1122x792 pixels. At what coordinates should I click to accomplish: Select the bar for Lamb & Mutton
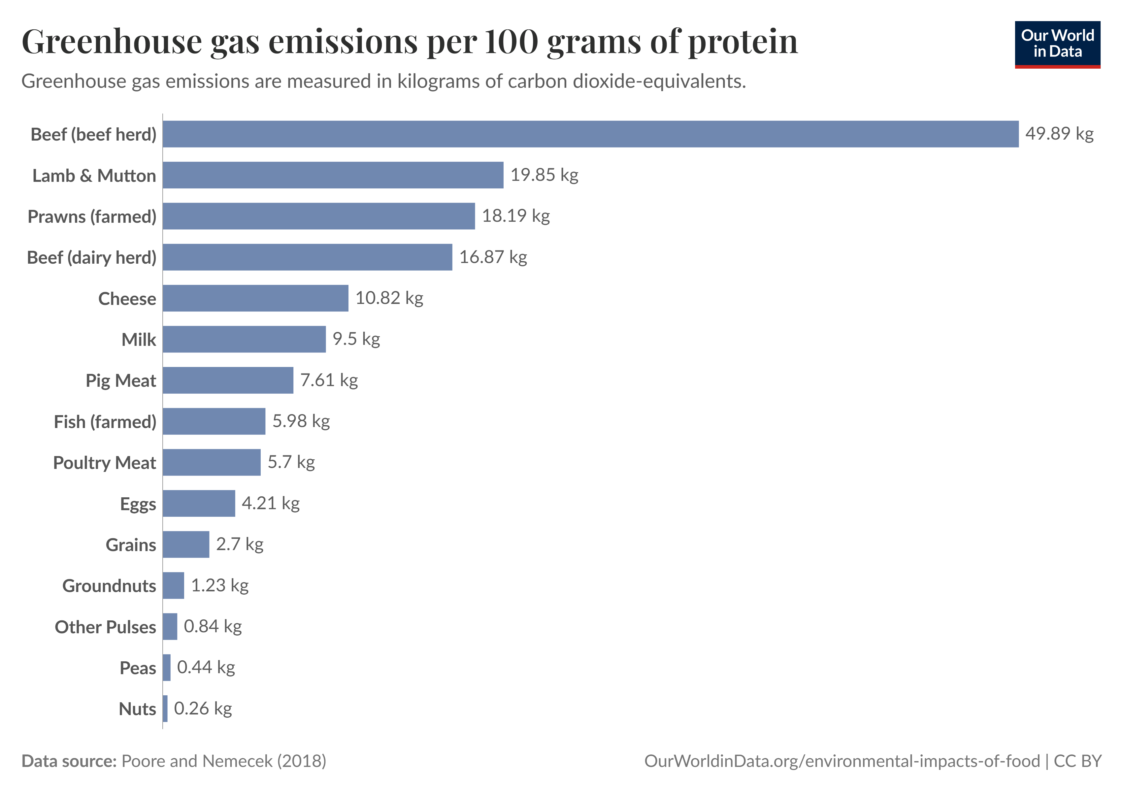(333, 175)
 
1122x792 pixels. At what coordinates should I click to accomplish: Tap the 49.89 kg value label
(1059, 133)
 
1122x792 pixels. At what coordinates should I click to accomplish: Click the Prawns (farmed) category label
(92, 216)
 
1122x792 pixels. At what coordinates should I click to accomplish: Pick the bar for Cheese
(255, 298)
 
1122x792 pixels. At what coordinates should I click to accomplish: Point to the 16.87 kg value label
(493, 257)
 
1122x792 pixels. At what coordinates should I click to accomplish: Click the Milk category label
(139, 340)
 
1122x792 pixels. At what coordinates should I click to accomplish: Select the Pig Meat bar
(228, 380)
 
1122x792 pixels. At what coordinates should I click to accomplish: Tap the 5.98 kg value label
(301, 421)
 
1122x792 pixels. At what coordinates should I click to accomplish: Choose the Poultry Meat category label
(105, 463)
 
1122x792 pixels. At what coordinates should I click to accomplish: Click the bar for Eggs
(199, 503)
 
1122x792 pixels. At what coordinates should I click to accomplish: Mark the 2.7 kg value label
(240, 544)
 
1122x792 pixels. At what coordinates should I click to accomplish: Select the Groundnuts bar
(174, 585)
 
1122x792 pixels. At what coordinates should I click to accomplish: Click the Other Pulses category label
(106, 627)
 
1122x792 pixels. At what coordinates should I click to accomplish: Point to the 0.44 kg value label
(206, 667)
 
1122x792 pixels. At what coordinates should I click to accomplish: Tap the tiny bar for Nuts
(165, 709)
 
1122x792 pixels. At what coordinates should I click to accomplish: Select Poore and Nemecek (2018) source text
(223, 761)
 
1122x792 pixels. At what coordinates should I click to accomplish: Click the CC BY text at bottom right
(1077, 761)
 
